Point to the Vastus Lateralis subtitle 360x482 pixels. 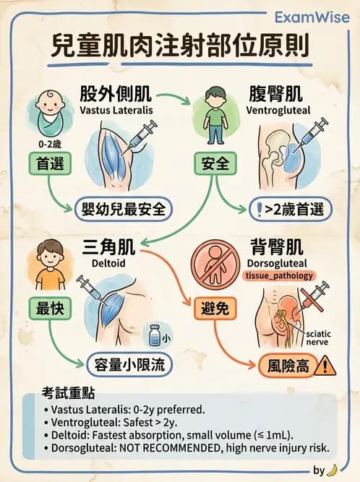pos(116,113)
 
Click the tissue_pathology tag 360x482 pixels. pos(279,275)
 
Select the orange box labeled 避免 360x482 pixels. pos(215,309)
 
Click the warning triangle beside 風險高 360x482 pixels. pos(326,366)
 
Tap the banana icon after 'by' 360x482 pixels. pos(332,470)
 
